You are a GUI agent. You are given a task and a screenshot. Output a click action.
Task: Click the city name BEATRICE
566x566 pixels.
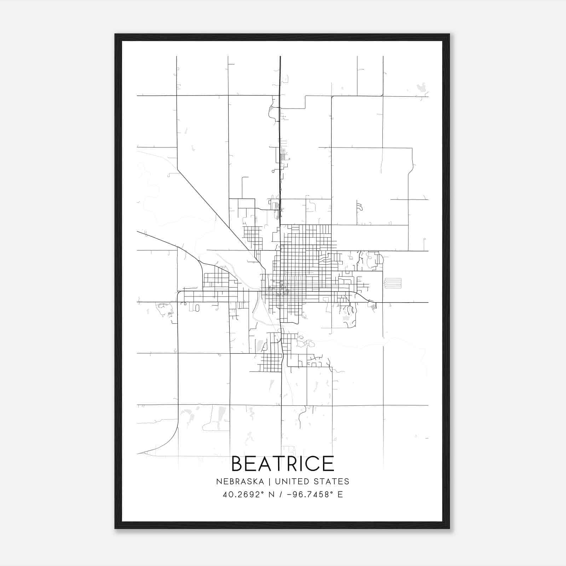click(283, 464)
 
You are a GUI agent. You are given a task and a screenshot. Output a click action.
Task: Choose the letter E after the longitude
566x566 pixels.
click(340, 495)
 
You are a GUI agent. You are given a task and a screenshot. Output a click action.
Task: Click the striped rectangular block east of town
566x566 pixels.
click(393, 283)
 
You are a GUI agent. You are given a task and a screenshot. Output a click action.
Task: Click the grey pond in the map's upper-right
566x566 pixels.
click(421, 87)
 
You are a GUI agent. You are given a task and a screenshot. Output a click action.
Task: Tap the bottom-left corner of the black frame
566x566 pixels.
click(115, 528)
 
